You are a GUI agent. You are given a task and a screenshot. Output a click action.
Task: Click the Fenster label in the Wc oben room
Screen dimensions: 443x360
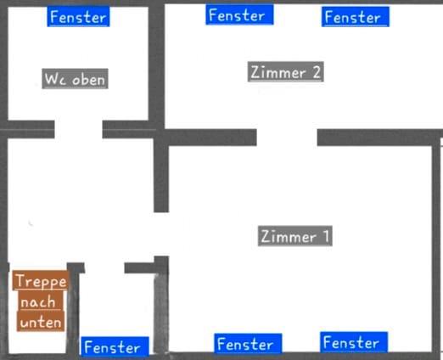click(x=78, y=17)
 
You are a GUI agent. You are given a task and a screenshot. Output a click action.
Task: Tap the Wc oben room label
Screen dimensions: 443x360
click(x=75, y=79)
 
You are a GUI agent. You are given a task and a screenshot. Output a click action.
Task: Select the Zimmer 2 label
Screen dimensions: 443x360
click(x=286, y=72)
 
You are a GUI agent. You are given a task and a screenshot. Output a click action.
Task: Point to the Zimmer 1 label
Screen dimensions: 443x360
click(x=295, y=236)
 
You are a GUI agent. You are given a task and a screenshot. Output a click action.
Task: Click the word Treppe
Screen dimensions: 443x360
click(x=41, y=280)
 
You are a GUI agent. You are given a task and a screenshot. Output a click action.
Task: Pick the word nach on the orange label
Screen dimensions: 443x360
click(x=39, y=301)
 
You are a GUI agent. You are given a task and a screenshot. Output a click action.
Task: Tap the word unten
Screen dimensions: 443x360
click(x=41, y=322)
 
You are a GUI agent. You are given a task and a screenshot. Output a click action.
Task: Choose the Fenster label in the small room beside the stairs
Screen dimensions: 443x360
click(x=115, y=346)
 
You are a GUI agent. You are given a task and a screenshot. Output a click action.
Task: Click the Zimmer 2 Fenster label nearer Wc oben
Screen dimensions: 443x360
click(x=239, y=14)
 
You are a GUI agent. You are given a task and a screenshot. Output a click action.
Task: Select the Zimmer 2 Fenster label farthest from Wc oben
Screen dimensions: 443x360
click(x=356, y=17)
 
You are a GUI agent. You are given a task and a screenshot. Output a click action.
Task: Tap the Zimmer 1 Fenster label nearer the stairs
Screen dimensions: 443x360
click(x=248, y=344)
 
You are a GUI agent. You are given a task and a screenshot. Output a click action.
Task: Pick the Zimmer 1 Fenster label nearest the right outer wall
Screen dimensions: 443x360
click(x=354, y=342)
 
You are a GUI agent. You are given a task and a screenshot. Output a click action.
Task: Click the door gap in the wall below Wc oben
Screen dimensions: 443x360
click(x=78, y=129)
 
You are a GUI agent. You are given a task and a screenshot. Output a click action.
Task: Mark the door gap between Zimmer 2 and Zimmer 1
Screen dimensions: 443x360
click(x=287, y=138)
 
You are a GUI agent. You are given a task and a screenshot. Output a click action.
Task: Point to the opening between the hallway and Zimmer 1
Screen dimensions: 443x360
click(x=161, y=234)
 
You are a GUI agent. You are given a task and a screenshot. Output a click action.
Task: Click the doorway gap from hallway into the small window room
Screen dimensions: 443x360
click(x=104, y=268)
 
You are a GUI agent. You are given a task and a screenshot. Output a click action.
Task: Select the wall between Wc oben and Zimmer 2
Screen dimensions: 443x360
click(x=156, y=65)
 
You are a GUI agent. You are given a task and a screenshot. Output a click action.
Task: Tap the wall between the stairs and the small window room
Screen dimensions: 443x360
click(x=73, y=308)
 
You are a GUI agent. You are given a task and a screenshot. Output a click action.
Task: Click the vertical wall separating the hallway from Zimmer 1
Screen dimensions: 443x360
click(x=161, y=175)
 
